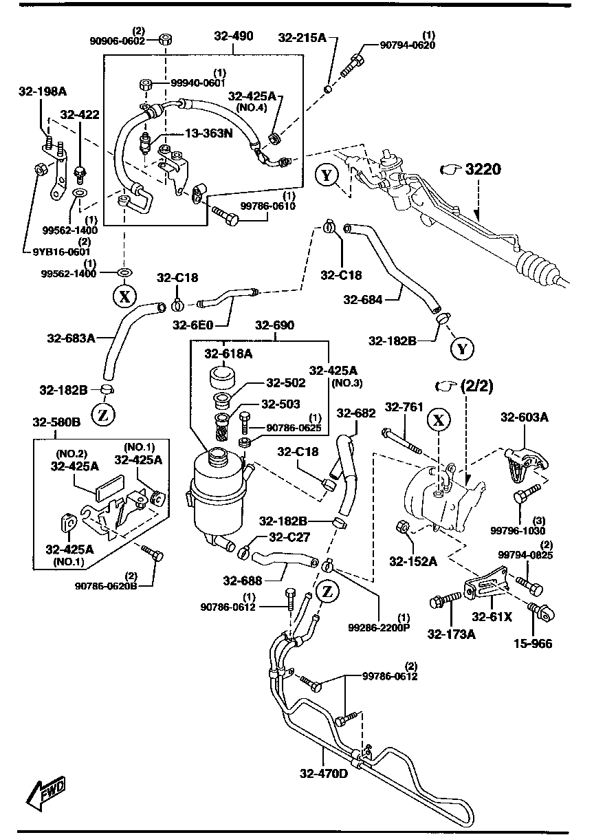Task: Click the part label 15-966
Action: click(533, 644)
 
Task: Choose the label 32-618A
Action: click(228, 353)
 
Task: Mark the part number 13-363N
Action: click(207, 133)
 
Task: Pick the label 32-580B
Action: click(56, 421)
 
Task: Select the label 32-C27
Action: click(290, 537)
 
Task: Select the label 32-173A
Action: click(451, 633)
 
